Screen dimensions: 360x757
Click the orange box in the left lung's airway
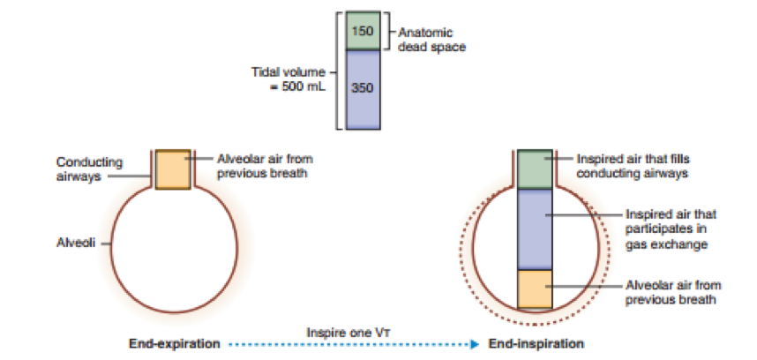tap(172, 169)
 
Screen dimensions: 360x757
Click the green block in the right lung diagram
tap(534, 169)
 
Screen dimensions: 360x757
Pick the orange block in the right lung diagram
tap(534, 289)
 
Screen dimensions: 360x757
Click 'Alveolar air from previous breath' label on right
tap(661, 293)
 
